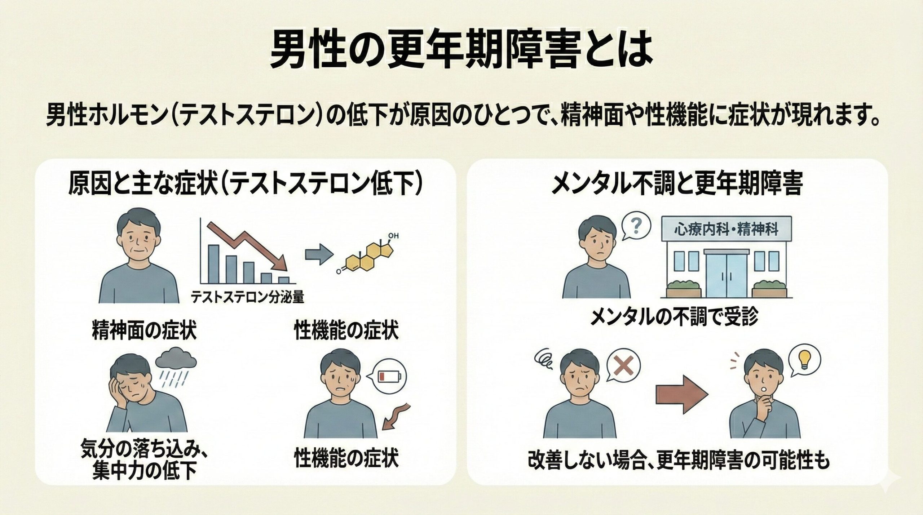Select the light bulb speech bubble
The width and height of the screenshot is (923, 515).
[x=803, y=354]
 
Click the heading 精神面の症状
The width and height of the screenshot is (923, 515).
[x=144, y=332]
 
